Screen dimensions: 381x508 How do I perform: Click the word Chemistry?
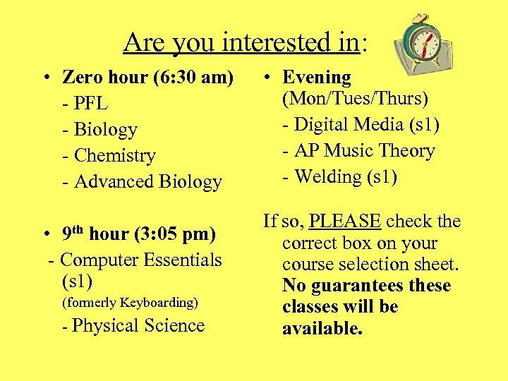114,155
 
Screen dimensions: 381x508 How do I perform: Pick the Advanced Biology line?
147,181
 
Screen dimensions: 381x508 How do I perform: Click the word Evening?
316,78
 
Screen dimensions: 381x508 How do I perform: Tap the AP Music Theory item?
364,150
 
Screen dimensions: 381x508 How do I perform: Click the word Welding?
327,176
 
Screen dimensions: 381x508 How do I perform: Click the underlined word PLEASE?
345,222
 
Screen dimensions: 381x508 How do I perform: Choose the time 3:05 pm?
183,234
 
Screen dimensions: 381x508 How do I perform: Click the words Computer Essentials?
141,260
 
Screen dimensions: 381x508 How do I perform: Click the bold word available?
322,329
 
